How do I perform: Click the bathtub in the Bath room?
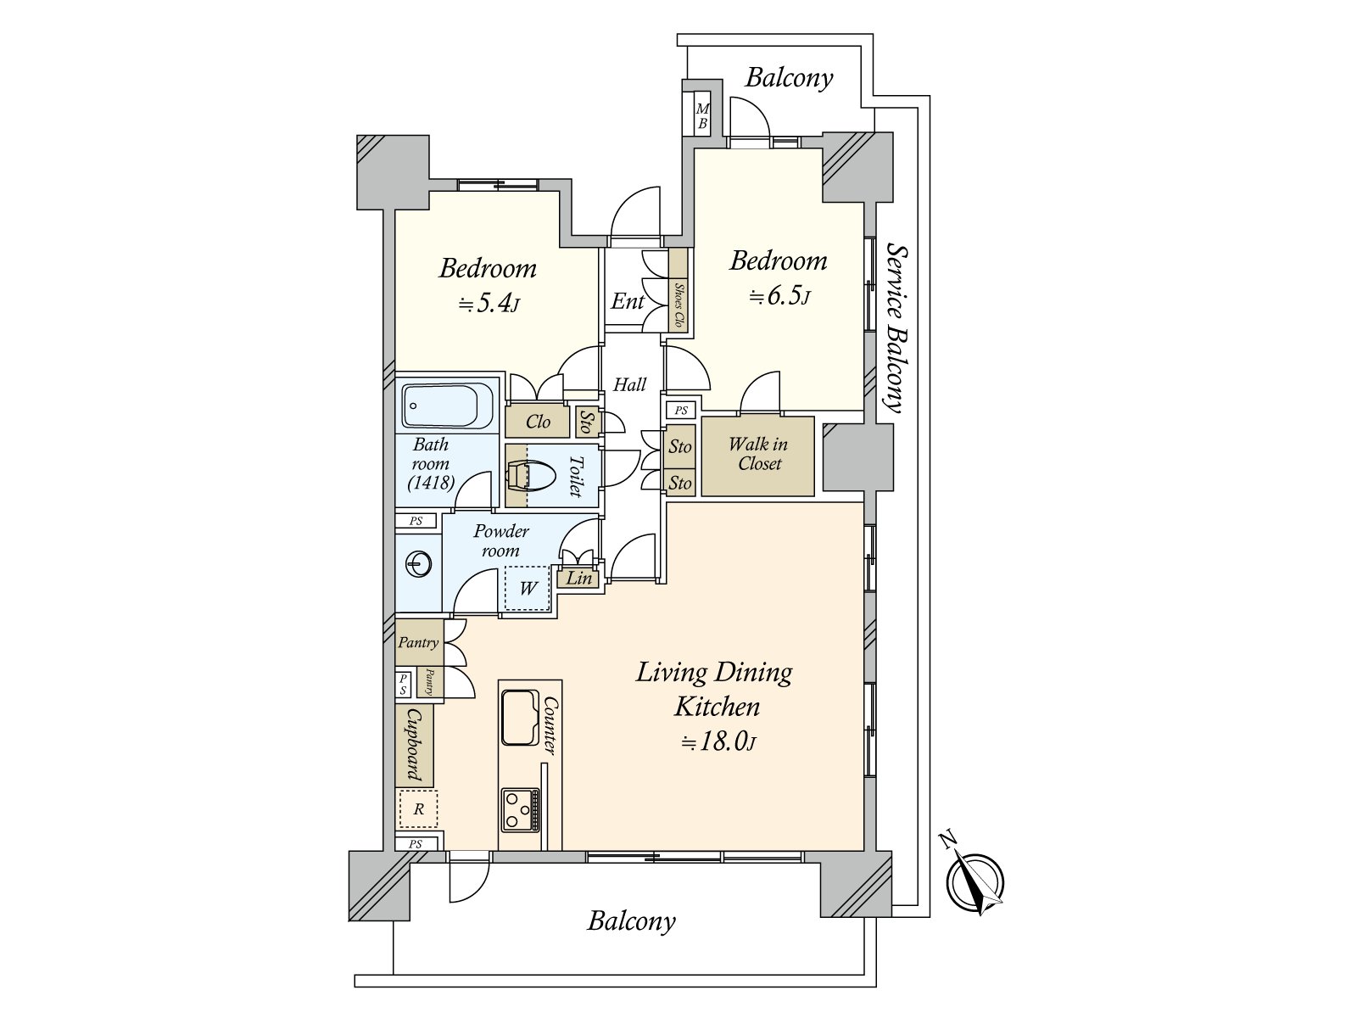tap(448, 406)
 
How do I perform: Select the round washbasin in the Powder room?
tap(418, 563)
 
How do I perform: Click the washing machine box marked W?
tap(527, 589)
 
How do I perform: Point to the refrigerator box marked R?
tap(418, 809)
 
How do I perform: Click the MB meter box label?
tap(702, 116)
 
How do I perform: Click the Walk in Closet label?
tap(758, 454)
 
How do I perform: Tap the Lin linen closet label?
tap(579, 579)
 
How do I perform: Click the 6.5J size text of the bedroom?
tap(779, 297)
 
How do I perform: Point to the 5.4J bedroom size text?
tap(489, 304)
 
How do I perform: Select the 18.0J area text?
tap(718, 741)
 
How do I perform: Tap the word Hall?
tap(629, 385)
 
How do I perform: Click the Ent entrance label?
tap(628, 302)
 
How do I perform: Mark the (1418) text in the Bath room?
tap(431, 483)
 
